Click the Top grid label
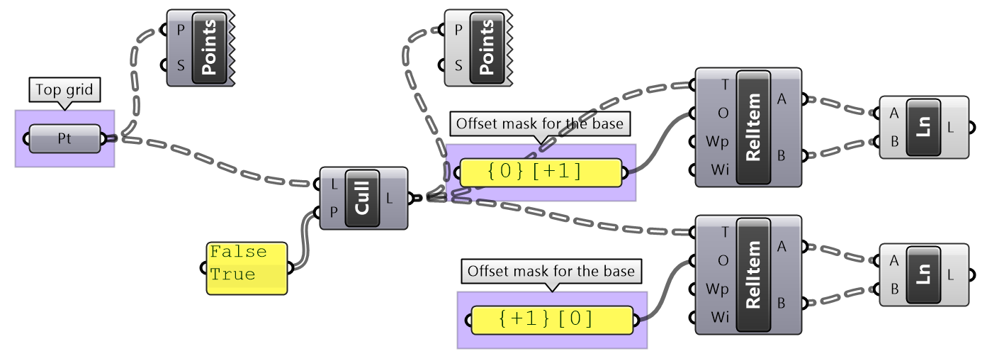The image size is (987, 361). tap(64, 89)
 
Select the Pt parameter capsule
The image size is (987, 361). tap(64, 139)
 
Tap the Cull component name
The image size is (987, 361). tap(362, 198)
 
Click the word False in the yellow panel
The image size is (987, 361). tap(239, 252)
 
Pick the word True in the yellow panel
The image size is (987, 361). tap(233, 274)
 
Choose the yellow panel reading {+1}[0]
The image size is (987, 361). tap(552, 320)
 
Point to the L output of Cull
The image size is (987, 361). tap(390, 198)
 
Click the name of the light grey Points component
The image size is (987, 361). tap(487, 48)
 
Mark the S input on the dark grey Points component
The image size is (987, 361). tap(181, 66)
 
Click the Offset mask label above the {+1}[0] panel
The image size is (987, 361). tap(552, 271)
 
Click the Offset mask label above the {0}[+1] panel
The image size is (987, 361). tap(540, 124)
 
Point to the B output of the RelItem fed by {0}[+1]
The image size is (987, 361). tap(782, 155)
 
